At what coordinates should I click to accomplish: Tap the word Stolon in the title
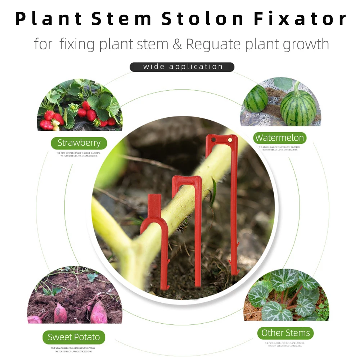click(x=203, y=19)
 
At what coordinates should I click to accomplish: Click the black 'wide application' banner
click(x=182, y=67)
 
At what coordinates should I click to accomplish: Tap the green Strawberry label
click(x=79, y=143)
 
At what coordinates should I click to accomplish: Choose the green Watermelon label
click(x=279, y=138)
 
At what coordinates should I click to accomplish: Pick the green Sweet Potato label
click(x=74, y=337)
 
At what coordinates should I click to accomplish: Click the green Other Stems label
click(x=285, y=333)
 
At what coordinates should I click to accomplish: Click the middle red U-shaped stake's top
click(x=186, y=180)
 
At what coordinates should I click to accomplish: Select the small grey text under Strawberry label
click(x=78, y=154)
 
